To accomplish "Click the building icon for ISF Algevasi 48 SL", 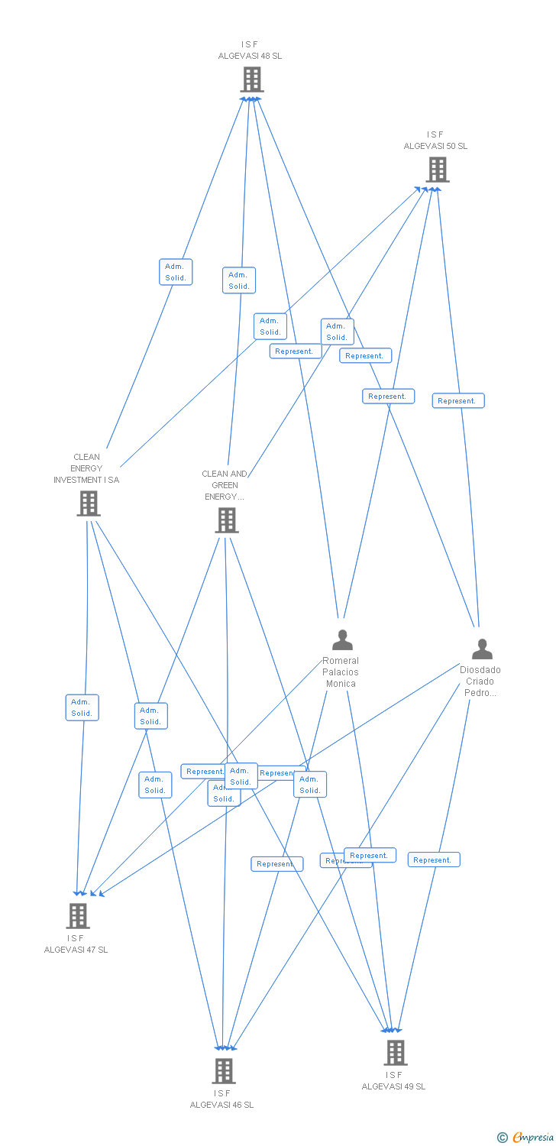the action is [251, 79].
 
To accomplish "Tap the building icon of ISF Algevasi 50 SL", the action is [437, 170].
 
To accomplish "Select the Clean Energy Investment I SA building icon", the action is [89, 503].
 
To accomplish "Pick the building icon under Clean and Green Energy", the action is [226, 520].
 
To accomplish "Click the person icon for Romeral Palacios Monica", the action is [342, 639].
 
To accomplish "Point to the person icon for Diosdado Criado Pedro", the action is [482, 649].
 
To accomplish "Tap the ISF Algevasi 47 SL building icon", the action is [77, 915].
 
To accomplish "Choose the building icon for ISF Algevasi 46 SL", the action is [223, 1070].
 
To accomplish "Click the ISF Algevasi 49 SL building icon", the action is [395, 1052].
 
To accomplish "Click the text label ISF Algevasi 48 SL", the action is [251, 50].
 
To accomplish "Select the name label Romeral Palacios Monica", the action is [341, 672].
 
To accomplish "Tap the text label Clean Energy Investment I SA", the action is [86, 468].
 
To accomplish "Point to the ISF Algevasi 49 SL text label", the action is [394, 1081].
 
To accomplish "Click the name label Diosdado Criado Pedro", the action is [480, 681].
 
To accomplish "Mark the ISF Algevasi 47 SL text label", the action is [76, 944].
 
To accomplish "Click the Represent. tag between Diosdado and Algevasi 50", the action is [458, 401].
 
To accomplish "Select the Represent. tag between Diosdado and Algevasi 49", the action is [434, 860].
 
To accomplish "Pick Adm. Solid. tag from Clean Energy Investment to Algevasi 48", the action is [176, 272].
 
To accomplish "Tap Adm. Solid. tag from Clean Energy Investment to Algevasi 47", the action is [82, 707].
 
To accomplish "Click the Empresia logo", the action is [525, 1138].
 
